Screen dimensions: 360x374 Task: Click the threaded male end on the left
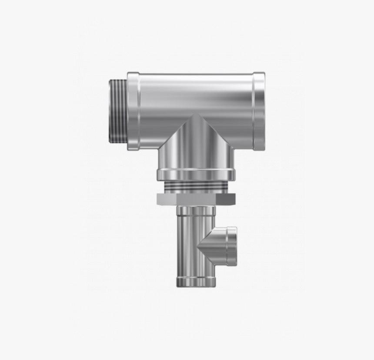click(117, 111)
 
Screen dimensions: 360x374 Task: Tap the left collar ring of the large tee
click(133, 111)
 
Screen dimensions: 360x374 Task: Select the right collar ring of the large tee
click(259, 111)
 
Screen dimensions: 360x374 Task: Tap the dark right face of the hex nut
click(225, 199)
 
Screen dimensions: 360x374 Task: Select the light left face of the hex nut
click(166, 199)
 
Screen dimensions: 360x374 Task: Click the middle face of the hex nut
click(196, 199)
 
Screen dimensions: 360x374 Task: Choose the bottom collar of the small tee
click(196, 282)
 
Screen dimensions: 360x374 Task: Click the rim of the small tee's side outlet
click(232, 246)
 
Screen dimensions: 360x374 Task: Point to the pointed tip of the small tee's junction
click(198, 246)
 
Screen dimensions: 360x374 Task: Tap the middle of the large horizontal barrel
click(196, 94)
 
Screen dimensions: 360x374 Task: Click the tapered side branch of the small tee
click(215, 246)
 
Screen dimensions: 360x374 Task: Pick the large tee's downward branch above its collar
click(196, 150)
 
